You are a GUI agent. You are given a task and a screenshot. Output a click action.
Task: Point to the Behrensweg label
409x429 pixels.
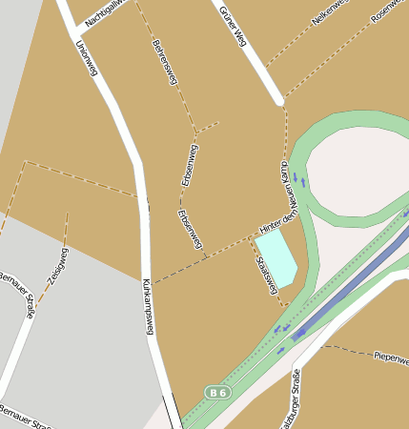[x=165, y=62]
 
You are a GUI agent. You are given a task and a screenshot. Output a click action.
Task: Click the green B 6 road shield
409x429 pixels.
[x=217, y=393]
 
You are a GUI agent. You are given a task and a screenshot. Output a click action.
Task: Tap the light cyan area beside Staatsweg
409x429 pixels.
[x=277, y=255]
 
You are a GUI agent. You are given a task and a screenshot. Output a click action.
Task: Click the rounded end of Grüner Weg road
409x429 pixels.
[x=278, y=98]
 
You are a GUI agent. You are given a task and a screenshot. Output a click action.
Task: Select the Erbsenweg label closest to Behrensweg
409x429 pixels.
[x=190, y=165]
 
